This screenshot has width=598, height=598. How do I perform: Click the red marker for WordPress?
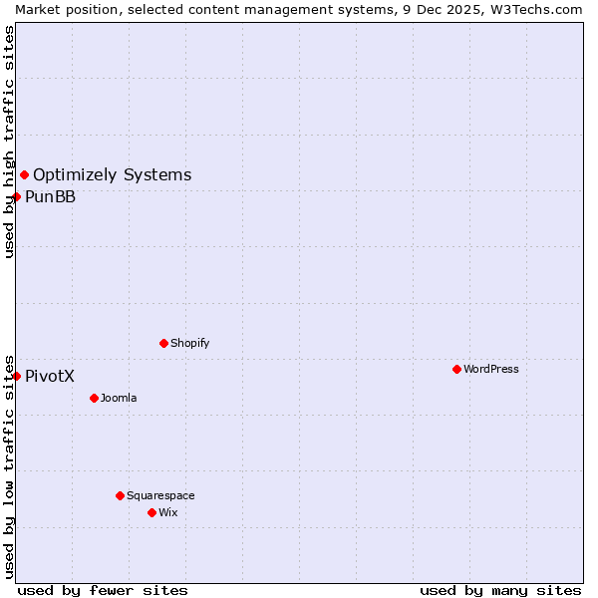click(456, 369)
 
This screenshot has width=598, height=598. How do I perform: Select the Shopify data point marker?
click(163, 343)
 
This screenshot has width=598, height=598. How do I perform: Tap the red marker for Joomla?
click(94, 398)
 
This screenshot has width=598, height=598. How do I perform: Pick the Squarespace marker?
click(120, 495)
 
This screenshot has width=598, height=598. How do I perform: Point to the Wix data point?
click(151, 512)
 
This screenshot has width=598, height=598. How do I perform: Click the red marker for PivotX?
click(17, 376)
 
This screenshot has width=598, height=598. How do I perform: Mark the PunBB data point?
click(17, 196)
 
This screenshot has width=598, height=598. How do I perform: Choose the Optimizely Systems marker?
click(25, 175)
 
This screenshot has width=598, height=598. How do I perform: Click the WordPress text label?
click(491, 369)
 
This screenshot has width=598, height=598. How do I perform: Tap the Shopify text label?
click(190, 343)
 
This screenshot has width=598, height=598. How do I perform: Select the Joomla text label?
click(119, 398)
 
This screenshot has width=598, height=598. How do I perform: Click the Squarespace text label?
click(160, 495)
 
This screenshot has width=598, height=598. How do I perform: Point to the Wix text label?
click(168, 512)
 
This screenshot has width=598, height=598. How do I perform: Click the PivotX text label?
click(50, 376)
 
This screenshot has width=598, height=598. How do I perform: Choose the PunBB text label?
click(51, 196)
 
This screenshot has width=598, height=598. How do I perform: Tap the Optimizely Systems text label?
click(113, 175)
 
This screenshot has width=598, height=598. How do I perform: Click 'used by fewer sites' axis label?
click(103, 590)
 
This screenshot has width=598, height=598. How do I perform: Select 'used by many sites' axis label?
click(500, 590)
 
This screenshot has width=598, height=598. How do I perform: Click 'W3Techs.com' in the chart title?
click(542, 9)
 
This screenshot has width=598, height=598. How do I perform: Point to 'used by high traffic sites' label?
click(9, 142)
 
